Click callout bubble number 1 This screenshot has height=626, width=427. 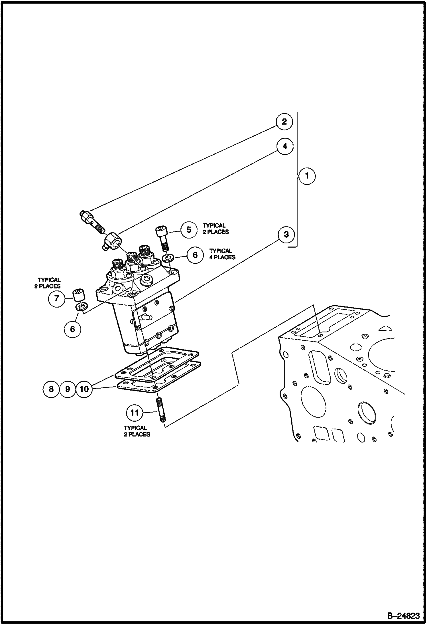307,176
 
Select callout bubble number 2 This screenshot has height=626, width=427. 284,122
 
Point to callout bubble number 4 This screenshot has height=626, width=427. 284,146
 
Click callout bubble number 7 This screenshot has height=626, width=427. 57,298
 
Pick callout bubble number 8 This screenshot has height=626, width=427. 51,389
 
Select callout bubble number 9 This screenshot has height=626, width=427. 68,389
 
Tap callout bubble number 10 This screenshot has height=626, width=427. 84,389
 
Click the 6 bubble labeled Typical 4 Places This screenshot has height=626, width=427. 195,255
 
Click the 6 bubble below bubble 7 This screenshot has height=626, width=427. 72,329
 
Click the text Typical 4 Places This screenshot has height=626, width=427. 222,254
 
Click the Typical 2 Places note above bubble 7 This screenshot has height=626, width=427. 48,283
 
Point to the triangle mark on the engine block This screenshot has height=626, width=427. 385,329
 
